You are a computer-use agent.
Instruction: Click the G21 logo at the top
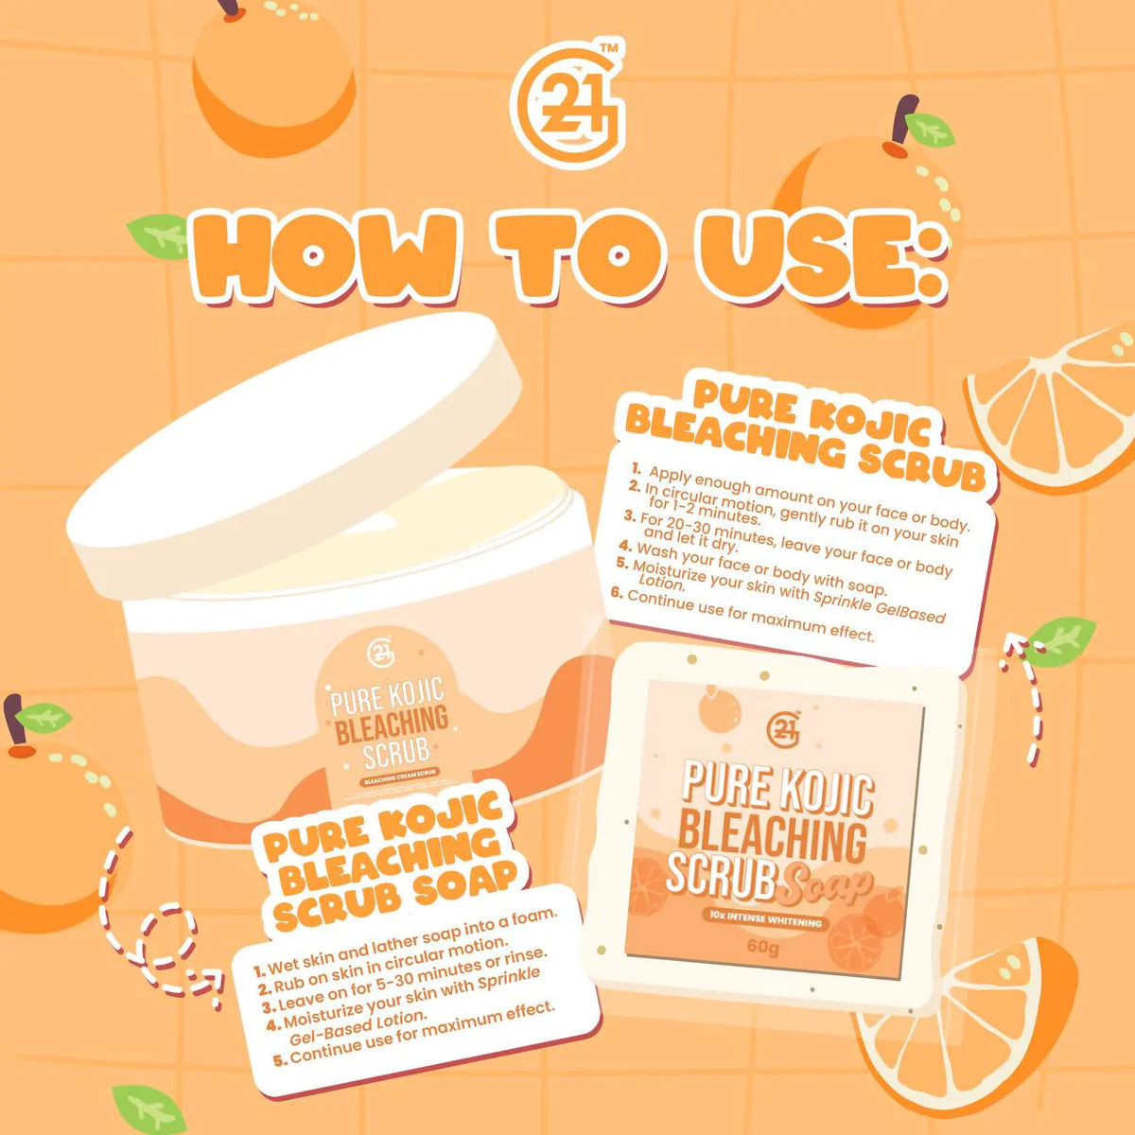(x=567, y=105)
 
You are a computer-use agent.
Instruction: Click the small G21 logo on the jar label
(x=381, y=652)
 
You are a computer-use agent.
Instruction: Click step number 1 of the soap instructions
(x=260, y=970)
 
